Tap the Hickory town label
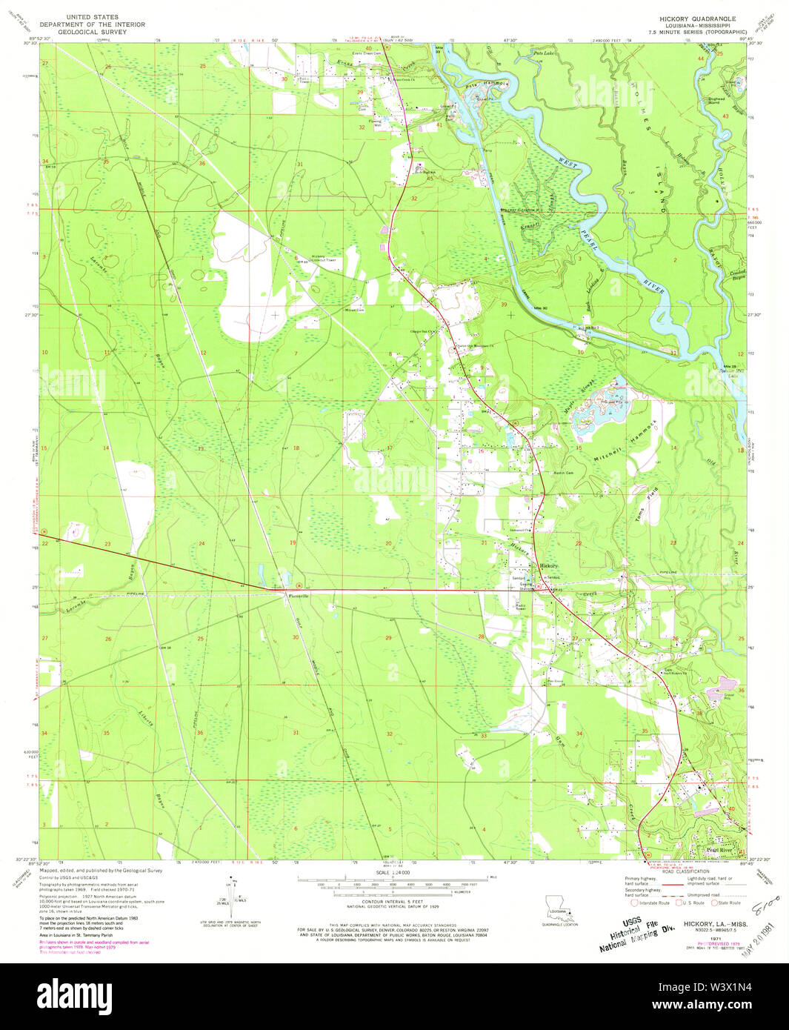tap(549, 566)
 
